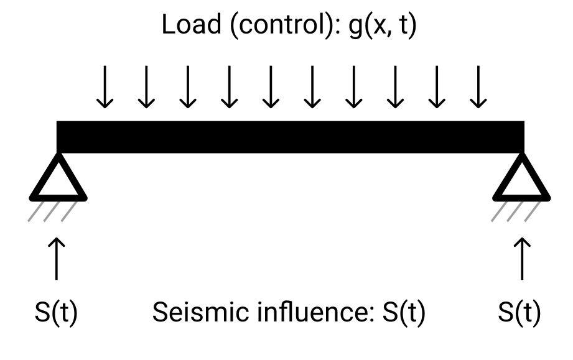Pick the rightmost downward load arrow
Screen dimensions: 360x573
click(x=478, y=88)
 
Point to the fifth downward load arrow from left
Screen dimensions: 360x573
click(x=271, y=88)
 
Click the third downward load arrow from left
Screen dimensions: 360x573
click(x=187, y=88)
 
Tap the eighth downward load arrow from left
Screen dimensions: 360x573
click(x=395, y=88)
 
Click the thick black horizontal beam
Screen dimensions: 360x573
click(x=291, y=137)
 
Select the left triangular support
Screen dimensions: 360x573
click(x=58, y=179)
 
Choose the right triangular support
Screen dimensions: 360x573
click(x=521, y=179)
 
